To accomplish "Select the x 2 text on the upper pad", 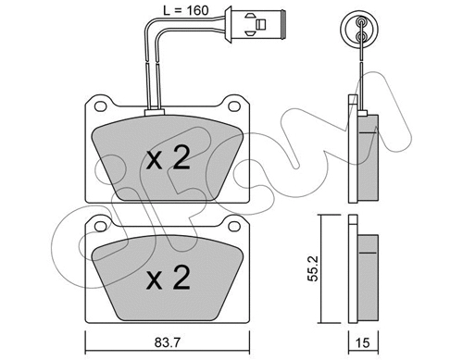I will pos(169,159).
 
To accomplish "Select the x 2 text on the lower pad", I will pos(169,276).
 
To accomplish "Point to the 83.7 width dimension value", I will pos(169,345).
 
